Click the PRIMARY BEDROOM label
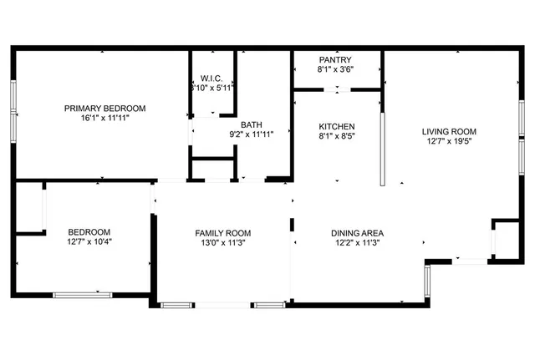tap(105, 108)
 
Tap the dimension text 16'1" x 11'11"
tap(105, 119)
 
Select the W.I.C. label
tap(211, 79)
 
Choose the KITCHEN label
tap(337, 126)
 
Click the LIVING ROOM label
tap(449, 131)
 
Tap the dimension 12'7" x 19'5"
tap(449, 141)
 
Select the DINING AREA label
tap(357, 233)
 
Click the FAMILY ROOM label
tap(223, 233)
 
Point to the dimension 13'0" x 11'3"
tap(223, 243)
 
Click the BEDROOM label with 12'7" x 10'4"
tap(89, 231)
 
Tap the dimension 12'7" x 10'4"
tap(89, 242)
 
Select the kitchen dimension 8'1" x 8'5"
tap(337, 136)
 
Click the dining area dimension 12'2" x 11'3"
tap(357, 243)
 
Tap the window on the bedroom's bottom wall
tap(82, 293)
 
